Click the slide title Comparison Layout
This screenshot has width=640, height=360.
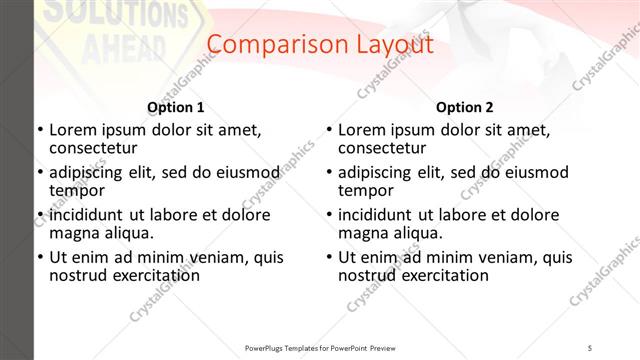(320, 45)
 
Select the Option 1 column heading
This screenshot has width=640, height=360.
(176, 107)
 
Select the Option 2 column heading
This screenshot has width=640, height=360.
(465, 107)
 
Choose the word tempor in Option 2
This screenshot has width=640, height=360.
(366, 190)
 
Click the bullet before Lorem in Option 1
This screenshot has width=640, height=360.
(39, 130)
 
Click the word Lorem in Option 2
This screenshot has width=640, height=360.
(362, 129)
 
